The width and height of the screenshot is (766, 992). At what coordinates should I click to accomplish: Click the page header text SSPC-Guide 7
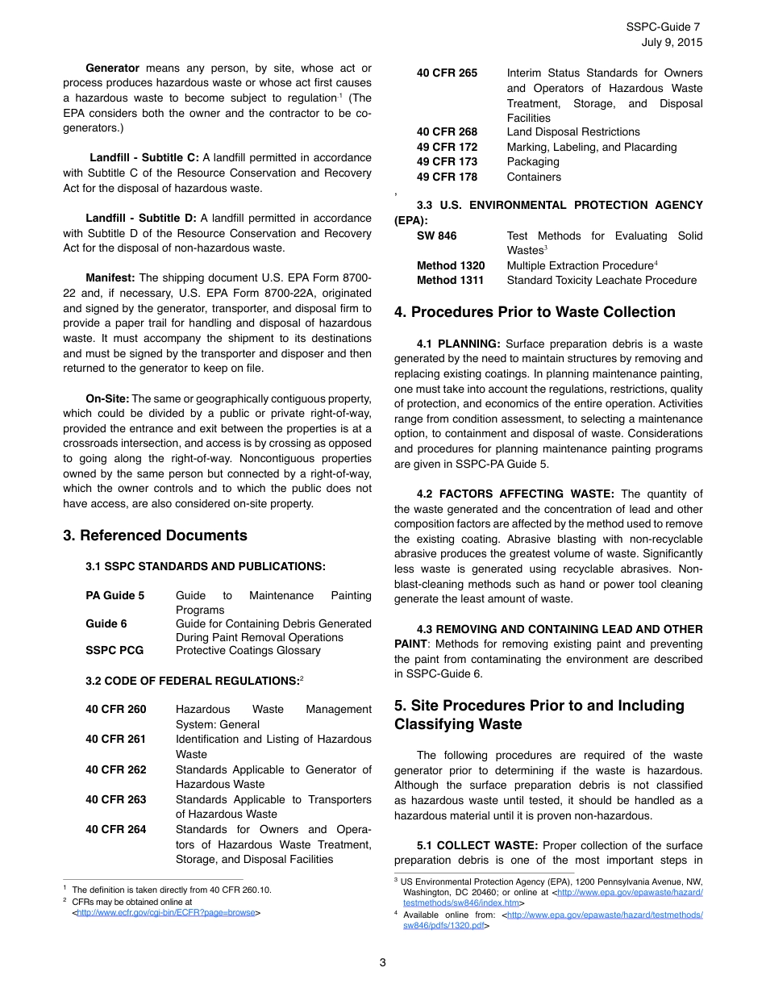[x=663, y=27]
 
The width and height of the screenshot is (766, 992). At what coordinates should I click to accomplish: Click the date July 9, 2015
[x=672, y=42]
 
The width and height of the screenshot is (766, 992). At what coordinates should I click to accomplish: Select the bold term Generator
[x=112, y=68]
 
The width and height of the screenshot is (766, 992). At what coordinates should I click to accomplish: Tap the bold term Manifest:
[x=110, y=277]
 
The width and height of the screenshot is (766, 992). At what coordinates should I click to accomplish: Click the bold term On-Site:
[x=108, y=398]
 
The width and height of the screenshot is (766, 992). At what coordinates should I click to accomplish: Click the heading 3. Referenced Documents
[x=155, y=536]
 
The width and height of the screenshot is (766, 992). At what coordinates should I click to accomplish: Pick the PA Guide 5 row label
[x=115, y=595]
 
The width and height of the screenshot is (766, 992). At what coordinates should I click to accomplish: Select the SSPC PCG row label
[x=114, y=650]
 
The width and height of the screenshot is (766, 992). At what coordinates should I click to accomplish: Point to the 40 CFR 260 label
[x=116, y=709]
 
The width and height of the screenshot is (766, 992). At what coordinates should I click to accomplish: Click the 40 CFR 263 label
[x=116, y=799]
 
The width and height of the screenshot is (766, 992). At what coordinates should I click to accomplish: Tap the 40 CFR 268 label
[x=447, y=131]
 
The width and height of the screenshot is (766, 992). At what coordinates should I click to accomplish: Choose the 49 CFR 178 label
[x=447, y=177]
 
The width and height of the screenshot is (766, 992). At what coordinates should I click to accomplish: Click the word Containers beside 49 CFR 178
[x=534, y=177]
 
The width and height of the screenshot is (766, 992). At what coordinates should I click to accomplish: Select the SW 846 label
[x=436, y=235]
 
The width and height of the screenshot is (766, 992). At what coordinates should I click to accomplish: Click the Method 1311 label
[x=450, y=280]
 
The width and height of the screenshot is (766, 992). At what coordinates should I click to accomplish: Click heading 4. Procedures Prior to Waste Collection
[x=535, y=312]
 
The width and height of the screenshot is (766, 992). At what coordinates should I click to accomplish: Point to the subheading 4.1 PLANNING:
[x=458, y=344]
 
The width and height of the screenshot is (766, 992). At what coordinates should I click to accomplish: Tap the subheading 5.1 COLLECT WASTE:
[x=477, y=845]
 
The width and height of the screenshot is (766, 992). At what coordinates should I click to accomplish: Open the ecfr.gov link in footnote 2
[x=166, y=913]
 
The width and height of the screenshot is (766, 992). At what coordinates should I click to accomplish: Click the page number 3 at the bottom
[x=383, y=962]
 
